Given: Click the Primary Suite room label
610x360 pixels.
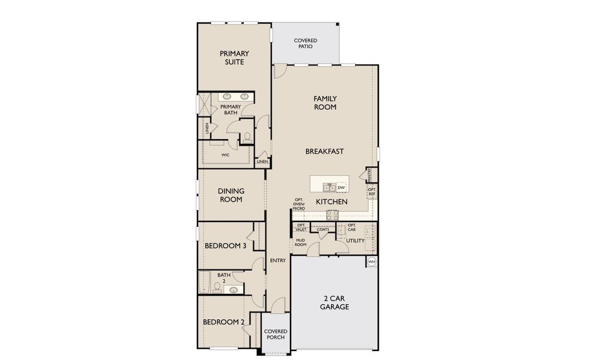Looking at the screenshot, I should (x=234, y=58).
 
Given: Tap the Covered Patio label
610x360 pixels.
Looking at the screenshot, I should (x=306, y=43).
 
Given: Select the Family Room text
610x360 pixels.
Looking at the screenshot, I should (x=325, y=103).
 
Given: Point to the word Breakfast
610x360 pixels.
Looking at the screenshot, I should (x=325, y=151).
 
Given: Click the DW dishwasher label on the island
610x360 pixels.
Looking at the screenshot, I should (x=341, y=188).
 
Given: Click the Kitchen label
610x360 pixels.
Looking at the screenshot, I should (x=331, y=202).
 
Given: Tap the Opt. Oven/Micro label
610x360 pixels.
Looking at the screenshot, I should (x=298, y=205).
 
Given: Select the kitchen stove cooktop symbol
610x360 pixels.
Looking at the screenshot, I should (x=332, y=215).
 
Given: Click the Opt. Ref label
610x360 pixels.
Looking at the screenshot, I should (x=372, y=192).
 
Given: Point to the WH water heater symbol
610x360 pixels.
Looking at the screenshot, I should (x=372, y=262).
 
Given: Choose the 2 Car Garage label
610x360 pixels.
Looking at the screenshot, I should (x=334, y=302).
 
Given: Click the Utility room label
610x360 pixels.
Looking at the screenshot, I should (x=355, y=241).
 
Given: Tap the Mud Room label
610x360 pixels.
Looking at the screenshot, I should (x=300, y=242).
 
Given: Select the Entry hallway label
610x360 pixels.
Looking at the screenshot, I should (x=277, y=260).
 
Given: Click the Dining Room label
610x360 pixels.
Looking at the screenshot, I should (x=231, y=195).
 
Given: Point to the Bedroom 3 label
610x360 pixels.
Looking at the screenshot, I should (x=225, y=245).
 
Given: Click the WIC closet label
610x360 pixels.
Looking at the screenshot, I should (x=225, y=155).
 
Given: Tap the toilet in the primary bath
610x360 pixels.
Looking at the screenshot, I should (x=247, y=137).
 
